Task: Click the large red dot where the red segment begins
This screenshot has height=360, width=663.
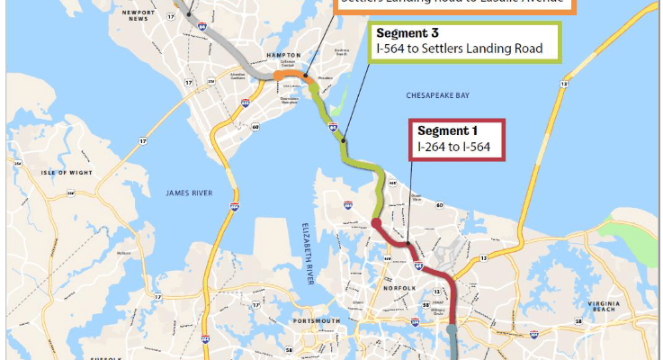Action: pyautogui.click(x=377, y=223)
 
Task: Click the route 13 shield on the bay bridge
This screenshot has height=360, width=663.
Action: pyautogui.click(x=563, y=83)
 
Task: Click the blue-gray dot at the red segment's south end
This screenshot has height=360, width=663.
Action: pyautogui.click(x=452, y=330)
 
